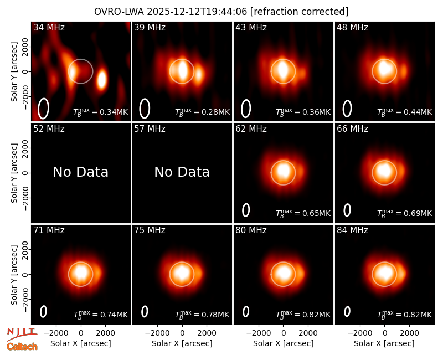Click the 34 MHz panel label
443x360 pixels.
click(x=49, y=27)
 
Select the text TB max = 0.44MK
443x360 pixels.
click(x=405, y=112)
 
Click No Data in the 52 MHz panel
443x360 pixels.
click(x=81, y=172)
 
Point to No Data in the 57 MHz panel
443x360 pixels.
click(x=182, y=172)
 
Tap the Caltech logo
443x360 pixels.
click(x=22, y=347)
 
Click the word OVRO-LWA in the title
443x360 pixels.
click(x=119, y=12)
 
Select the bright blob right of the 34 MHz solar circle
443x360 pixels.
click(x=102, y=79)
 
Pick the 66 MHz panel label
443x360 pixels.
click(x=352, y=129)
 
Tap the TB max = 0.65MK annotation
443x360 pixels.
click(x=303, y=213)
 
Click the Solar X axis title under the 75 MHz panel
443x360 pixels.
click(x=182, y=343)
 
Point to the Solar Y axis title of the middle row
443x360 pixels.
click(x=14, y=173)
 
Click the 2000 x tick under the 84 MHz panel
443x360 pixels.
click(x=409, y=333)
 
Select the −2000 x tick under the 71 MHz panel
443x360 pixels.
click(x=56, y=333)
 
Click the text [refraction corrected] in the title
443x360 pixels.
click(x=299, y=12)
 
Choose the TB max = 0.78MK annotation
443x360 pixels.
click(x=202, y=315)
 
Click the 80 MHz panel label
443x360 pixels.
click(x=251, y=230)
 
